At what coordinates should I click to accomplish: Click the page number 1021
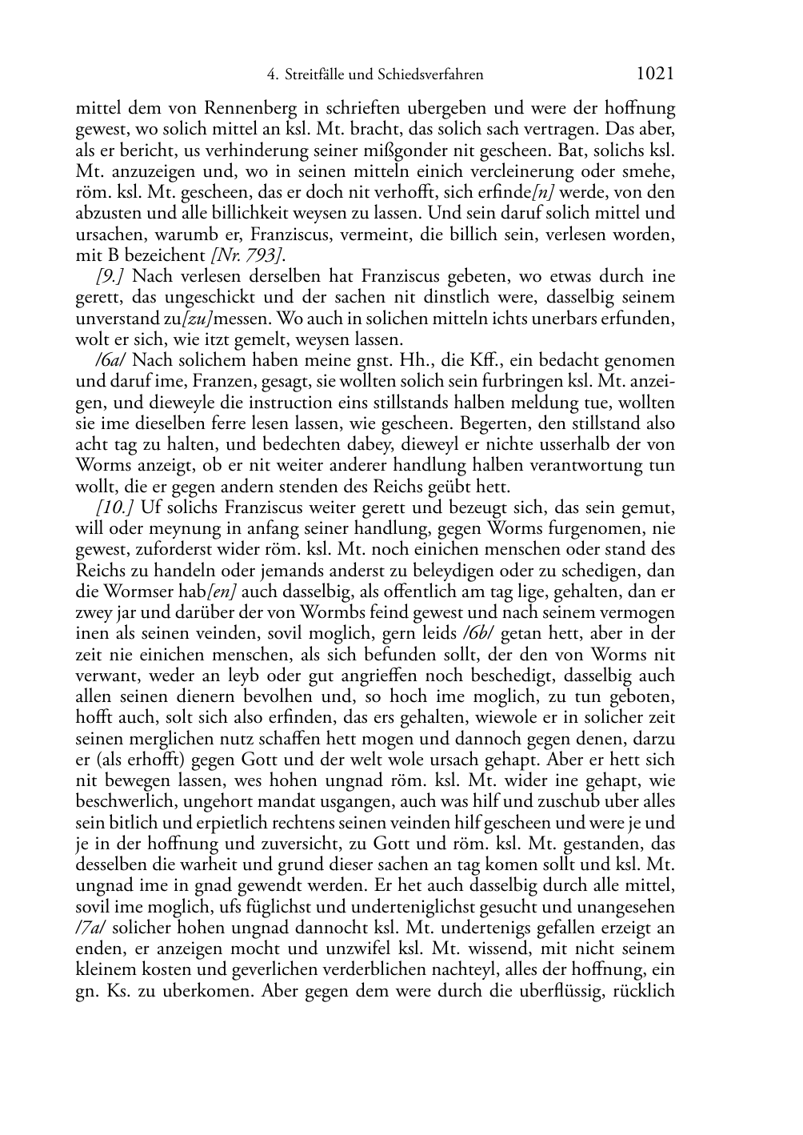[x=655, y=74]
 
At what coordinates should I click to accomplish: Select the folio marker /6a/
[x=108, y=361]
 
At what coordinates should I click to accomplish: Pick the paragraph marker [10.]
[x=115, y=508]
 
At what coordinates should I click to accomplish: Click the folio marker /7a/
[x=90, y=928]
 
